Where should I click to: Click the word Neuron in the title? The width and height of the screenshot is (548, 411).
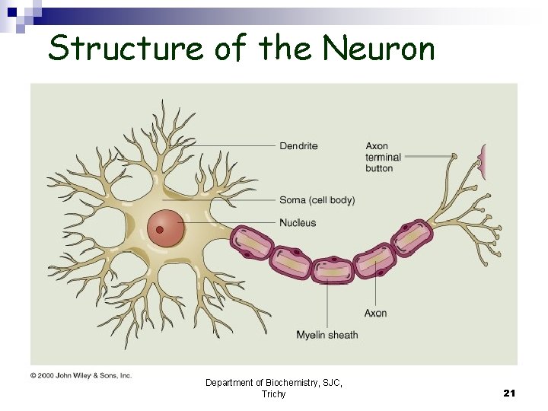pyautogui.click(x=379, y=49)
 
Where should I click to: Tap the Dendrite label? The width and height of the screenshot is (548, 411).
pyautogui.click(x=298, y=145)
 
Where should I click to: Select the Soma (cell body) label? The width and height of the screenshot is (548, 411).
pyautogui.click(x=317, y=200)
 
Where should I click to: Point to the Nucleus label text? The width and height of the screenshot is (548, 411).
pyautogui.click(x=298, y=223)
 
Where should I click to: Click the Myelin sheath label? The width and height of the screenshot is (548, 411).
pyautogui.click(x=327, y=335)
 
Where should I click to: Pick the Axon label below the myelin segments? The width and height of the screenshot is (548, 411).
pyautogui.click(x=375, y=313)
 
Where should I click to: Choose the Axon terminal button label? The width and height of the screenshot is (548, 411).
pyautogui.click(x=382, y=157)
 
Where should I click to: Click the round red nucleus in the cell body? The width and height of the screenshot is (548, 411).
pyautogui.click(x=166, y=228)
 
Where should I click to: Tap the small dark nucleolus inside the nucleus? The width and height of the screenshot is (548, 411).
pyautogui.click(x=160, y=229)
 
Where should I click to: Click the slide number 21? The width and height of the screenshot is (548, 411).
pyautogui.click(x=509, y=393)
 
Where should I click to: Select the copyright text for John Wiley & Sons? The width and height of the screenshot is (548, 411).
pyautogui.click(x=81, y=375)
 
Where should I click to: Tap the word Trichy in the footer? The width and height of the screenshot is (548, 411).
pyautogui.click(x=273, y=393)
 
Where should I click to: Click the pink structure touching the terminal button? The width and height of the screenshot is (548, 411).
pyautogui.click(x=481, y=161)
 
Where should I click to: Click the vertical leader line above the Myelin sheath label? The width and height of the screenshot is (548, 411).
pyautogui.click(x=328, y=304)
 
